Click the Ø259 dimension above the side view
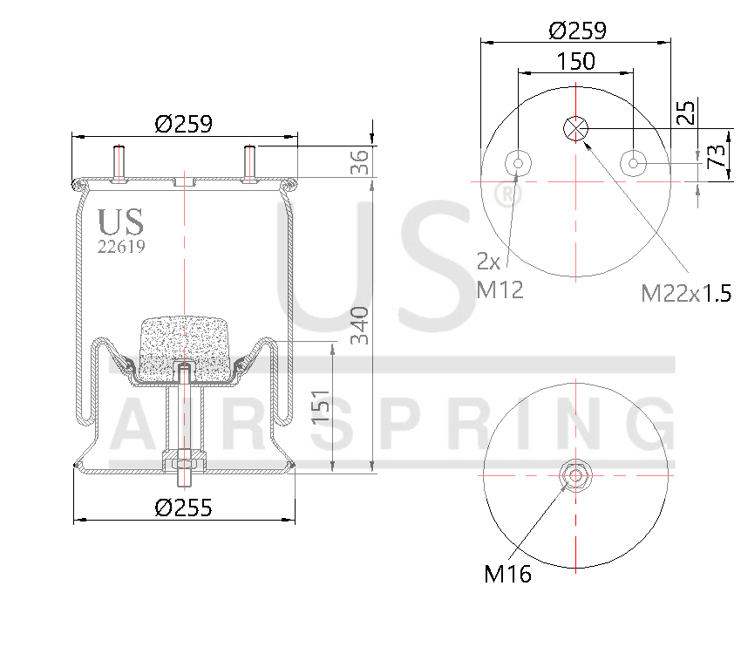coord(183,124)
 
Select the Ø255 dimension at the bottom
coord(183,508)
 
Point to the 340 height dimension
coord(362,325)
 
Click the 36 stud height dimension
coord(360,161)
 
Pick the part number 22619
coord(120,247)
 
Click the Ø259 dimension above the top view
coord(576,31)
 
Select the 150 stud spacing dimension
coord(575,61)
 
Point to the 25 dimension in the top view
coord(687,112)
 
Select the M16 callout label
coord(507,574)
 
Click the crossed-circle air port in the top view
coord(575,128)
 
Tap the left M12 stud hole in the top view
coord(519,163)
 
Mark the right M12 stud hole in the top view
coord(633,163)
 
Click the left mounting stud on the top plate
coord(119,163)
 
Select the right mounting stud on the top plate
coord(250,163)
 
